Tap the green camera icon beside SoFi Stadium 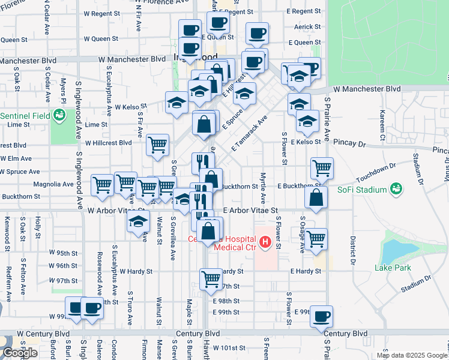tap(396, 190)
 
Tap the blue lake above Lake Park tap(393, 247)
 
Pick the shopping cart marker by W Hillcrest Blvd tap(157, 144)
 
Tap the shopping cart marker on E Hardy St tap(211, 278)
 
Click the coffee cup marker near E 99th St tap(321, 315)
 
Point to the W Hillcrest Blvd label tap(108, 143)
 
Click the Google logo tap(20, 353)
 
